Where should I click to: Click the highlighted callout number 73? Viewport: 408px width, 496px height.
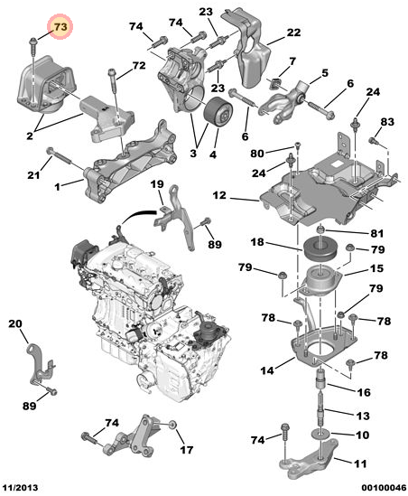60,26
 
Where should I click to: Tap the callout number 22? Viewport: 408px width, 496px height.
293,33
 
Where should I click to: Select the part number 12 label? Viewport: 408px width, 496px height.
219,195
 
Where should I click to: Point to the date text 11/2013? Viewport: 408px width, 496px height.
20,488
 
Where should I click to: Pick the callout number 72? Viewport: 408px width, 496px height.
139,65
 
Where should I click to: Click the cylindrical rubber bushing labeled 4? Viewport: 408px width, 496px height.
218,113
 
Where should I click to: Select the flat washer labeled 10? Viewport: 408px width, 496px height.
321,433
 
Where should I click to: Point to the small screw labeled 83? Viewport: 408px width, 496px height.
374,140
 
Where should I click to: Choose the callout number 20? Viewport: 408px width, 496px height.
15,323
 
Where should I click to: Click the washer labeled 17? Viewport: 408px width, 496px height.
172,425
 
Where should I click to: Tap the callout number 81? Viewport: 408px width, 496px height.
376,233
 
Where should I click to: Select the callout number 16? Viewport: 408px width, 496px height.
363,392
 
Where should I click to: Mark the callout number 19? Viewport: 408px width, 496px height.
157,184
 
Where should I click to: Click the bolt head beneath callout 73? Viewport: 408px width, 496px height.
32,41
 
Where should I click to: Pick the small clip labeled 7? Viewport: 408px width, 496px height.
274,83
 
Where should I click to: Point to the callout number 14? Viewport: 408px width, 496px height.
267,370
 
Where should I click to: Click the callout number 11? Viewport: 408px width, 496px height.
360,463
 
